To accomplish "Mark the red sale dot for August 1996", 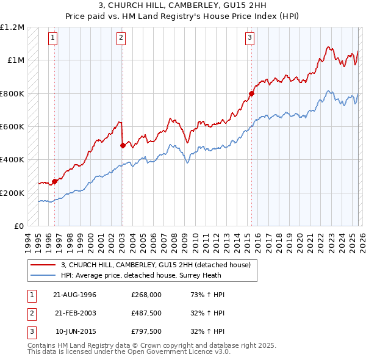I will tap(55, 181).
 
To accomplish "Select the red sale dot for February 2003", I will tap(123, 145).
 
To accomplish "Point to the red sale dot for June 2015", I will tap(251, 94).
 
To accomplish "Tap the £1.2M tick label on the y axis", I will tap(12, 27).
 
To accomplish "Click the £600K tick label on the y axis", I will tap(12, 127).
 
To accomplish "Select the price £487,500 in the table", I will tap(146, 313).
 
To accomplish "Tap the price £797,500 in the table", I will tap(146, 332).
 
